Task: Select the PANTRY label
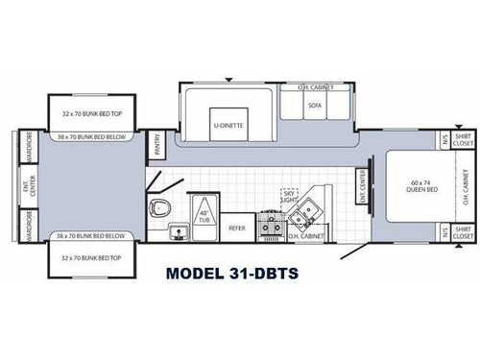156,143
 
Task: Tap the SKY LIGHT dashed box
289,196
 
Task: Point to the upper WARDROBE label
28,144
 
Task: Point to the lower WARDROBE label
28,228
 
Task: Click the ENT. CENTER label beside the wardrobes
26,185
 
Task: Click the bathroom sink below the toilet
176,228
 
